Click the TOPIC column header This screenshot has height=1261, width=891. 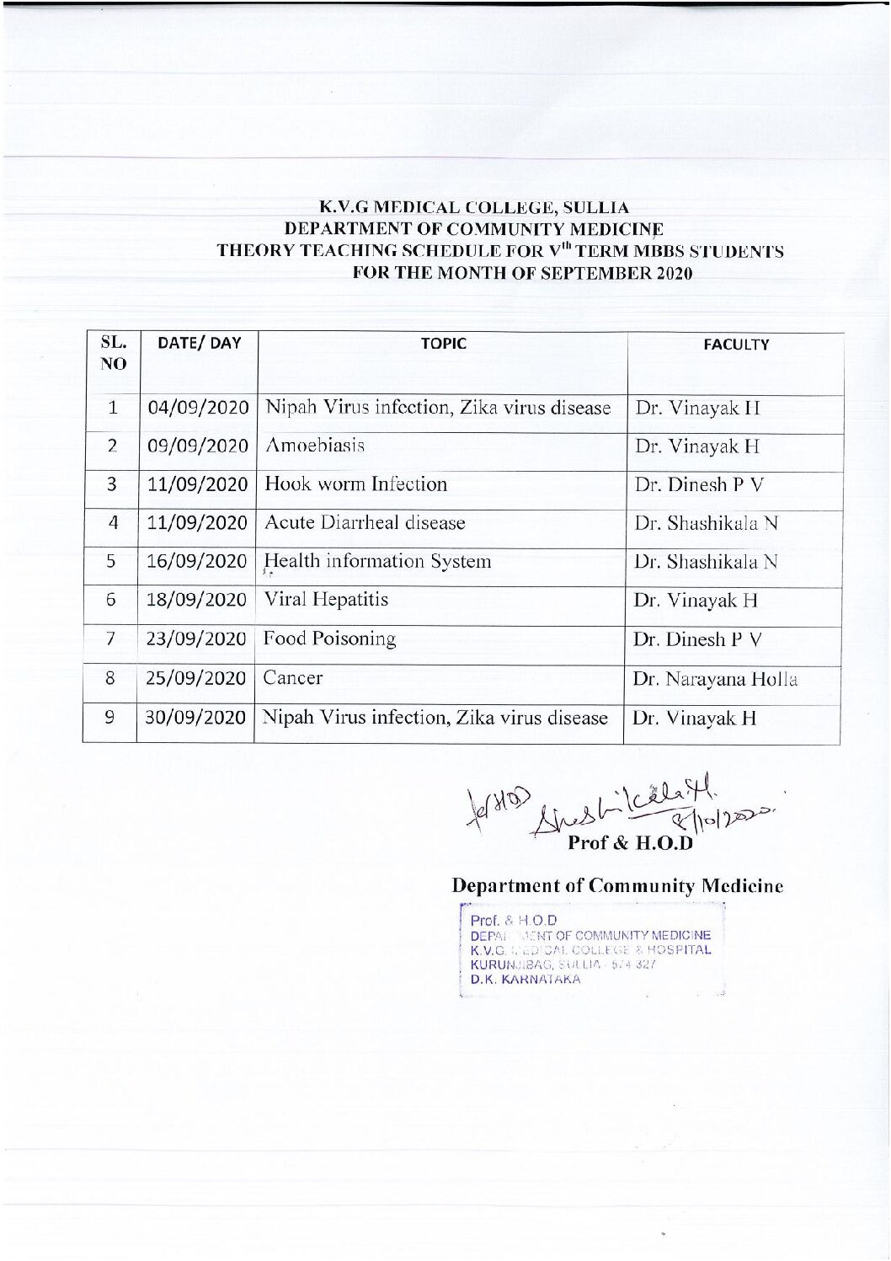(443, 343)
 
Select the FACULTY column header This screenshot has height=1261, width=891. (735, 345)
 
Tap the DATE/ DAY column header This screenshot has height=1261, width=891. (200, 343)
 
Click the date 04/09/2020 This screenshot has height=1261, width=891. (198, 408)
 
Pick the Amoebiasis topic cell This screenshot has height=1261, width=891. (315, 446)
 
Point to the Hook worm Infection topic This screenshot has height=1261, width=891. (355, 484)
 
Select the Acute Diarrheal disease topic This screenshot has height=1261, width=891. (365, 523)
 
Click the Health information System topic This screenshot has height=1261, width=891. (377, 561)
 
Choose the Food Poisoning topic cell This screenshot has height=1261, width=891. (329, 639)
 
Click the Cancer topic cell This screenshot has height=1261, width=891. (292, 678)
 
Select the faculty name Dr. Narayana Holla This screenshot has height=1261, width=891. (715, 679)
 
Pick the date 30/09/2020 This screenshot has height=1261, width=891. (195, 718)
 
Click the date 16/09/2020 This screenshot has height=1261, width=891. (197, 561)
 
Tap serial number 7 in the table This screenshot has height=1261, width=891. (110, 639)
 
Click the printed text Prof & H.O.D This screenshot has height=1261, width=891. (630, 842)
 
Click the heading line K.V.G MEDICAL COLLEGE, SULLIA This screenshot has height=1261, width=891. (474, 207)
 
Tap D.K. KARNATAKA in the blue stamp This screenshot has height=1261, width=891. (526, 980)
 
